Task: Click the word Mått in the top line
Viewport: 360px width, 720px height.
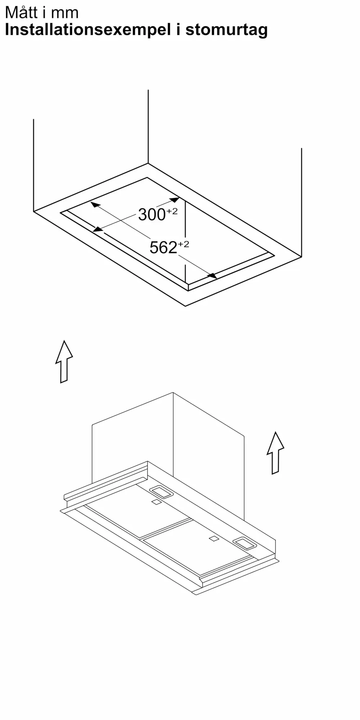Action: click(21, 13)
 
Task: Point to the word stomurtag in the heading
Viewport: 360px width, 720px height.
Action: click(226, 30)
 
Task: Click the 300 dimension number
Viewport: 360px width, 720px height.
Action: click(152, 215)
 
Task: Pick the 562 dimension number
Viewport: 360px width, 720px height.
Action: click(163, 248)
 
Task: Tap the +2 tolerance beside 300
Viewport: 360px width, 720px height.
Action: click(172, 211)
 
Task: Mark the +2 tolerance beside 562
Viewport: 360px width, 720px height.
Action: click(183, 244)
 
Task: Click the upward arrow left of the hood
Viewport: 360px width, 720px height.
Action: click(64, 361)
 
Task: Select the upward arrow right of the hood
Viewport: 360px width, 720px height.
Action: click(275, 453)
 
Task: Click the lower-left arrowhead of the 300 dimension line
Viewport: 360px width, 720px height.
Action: click(98, 229)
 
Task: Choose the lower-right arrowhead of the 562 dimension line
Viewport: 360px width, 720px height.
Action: click(212, 276)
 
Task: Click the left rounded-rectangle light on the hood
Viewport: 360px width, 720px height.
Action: click(161, 492)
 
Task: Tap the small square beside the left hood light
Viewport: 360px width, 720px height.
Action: click(156, 502)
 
